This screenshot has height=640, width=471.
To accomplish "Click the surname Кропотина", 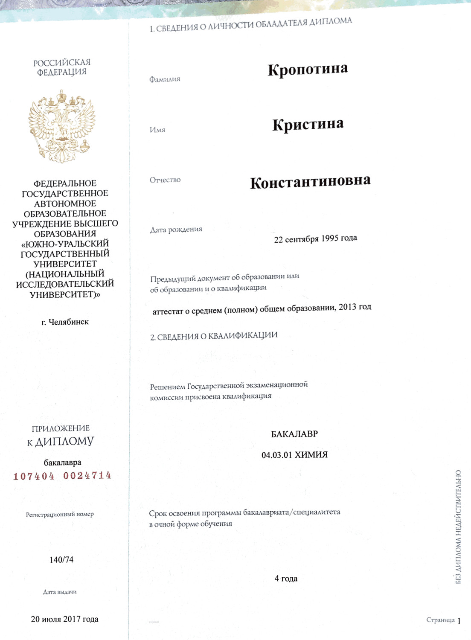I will [308, 70].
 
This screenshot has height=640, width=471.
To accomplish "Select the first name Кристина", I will [308, 125].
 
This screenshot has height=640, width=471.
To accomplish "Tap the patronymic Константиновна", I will [310, 182].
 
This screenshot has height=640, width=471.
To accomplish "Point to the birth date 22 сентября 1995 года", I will [315, 239].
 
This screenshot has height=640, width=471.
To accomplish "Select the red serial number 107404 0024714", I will [62, 476].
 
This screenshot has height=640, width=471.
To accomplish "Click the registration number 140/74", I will [61, 560].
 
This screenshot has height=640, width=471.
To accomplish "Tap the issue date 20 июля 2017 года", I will [64, 619].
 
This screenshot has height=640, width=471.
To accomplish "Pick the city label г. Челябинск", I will [65, 322].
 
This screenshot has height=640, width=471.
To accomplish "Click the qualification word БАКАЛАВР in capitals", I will [294, 434].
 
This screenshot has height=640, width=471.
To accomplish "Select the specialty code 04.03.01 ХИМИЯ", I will [294, 455].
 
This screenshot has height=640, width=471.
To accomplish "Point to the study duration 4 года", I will [286, 579].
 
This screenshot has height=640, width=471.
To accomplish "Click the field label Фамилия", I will [165, 79].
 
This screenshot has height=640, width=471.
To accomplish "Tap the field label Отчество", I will [165, 180].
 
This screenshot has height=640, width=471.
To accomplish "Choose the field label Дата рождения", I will [176, 230].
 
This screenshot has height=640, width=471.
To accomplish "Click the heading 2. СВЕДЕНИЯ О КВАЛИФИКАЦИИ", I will [214, 336].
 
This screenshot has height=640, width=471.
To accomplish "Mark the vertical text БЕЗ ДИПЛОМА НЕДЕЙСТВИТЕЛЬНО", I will [458, 527].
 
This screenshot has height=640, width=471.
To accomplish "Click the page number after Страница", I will [459, 621].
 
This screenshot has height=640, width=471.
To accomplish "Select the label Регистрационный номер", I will [60, 515].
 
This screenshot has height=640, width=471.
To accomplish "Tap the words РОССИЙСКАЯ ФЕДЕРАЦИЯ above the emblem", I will [62, 67].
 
